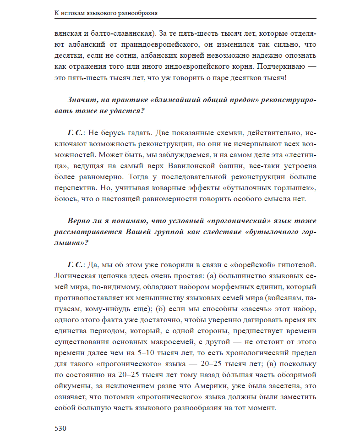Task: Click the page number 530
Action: point(61,429)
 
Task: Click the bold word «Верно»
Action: point(78,221)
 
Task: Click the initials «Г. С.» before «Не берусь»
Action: point(75,133)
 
